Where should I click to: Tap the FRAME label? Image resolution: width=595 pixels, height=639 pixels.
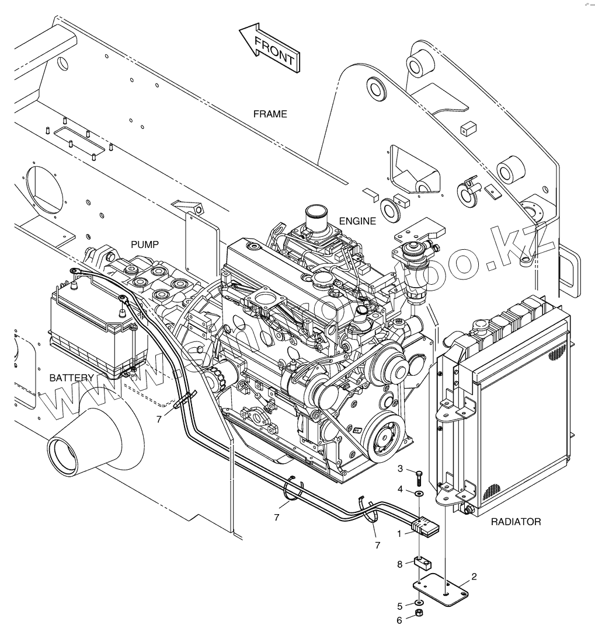tap(270, 114)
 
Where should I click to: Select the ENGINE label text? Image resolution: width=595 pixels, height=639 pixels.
tap(357, 221)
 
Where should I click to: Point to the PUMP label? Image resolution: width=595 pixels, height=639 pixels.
tap(144, 245)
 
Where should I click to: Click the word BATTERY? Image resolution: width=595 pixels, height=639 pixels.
tap(71, 378)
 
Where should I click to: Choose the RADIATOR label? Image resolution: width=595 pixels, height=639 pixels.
tap(516, 522)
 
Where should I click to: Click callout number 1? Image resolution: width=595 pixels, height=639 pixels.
tap(399, 533)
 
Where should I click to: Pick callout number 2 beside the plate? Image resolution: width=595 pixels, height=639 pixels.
tap(474, 577)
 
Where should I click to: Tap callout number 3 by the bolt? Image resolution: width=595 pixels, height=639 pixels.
tap(400, 468)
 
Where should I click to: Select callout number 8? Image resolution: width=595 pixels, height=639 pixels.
tap(399, 564)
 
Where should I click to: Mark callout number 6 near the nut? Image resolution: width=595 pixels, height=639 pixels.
tap(399, 620)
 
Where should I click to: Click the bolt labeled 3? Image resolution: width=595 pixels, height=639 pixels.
tap(419, 477)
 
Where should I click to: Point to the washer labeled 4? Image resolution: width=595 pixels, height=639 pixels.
tap(419, 494)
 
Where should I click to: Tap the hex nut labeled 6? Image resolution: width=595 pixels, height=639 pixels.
tap(419, 613)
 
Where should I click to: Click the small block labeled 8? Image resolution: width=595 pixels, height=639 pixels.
tap(422, 564)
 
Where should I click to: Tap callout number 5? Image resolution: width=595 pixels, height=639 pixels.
tap(399, 606)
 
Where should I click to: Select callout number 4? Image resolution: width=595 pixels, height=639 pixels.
tap(400, 489)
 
